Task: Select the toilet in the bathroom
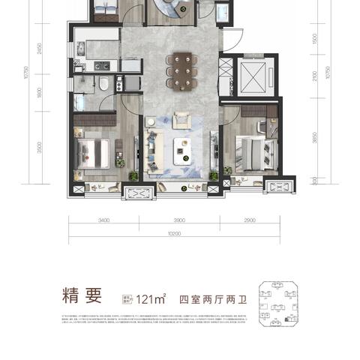click(x=104, y=84)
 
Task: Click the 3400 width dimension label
click(x=103, y=221)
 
